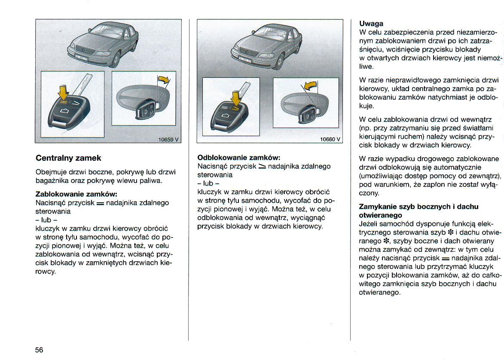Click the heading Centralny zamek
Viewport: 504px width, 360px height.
click(x=68, y=158)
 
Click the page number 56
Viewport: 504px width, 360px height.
click(x=39, y=350)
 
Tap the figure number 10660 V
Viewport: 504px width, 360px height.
click(x=330, y=139)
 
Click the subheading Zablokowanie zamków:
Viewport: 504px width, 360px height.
click(x=76, y=194)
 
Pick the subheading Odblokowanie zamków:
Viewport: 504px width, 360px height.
click(x=238, y=158)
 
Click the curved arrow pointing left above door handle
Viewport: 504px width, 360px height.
click(x=310, y=85)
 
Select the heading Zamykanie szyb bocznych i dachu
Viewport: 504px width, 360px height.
click(x=418, y=207)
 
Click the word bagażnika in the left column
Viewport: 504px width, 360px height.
click(x=52, y=181)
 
